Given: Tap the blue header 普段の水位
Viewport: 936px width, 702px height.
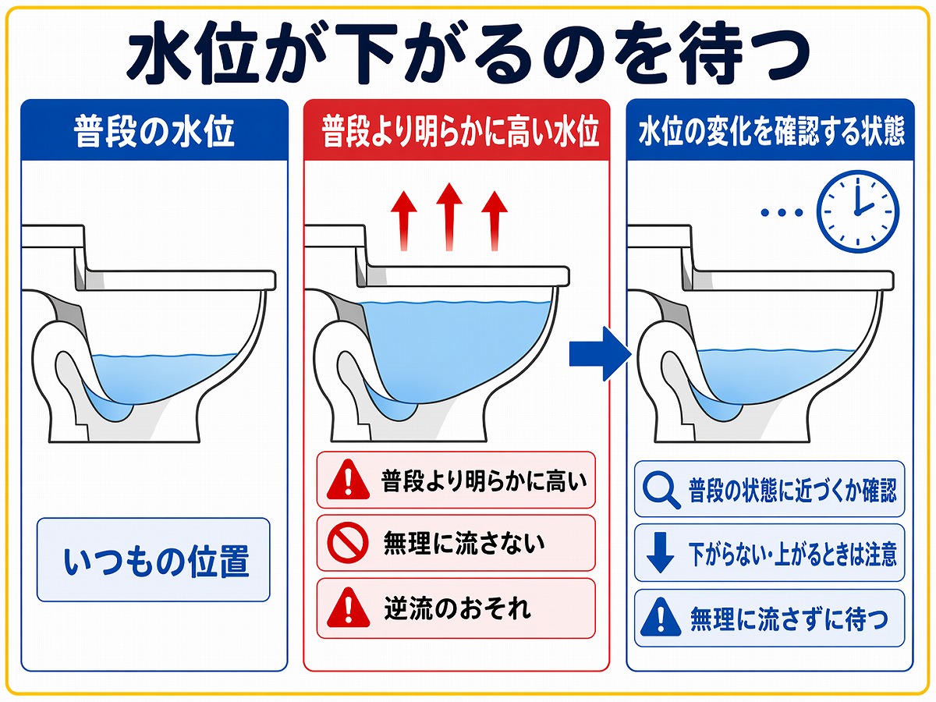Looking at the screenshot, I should tap(154, 132).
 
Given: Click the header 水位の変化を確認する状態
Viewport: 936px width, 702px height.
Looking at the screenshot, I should tap(771, 132).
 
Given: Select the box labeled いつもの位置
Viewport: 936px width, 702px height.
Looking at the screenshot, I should tap(154, 560).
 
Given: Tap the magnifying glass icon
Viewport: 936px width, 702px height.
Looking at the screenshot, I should tap(660, 490).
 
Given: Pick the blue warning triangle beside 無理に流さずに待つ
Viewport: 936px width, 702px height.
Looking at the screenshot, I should tap(660, 619).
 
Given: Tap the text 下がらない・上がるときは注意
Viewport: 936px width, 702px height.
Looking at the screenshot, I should tap(792, 555).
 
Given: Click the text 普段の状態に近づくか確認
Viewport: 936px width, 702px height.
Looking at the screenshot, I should tap(792, 490).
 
